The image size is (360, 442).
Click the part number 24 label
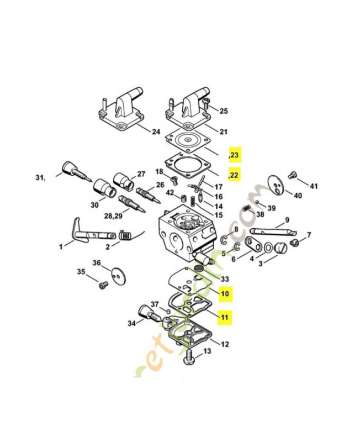tap(156, 131)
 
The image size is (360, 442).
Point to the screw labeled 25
tap(206, 103)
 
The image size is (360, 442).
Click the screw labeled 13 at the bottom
tap(188, 359)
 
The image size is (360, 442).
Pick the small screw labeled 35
tap(102, 285)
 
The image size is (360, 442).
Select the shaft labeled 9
tap(271, 229)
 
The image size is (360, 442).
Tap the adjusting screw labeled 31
tap(72, 169)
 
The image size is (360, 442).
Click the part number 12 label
tap(224, 344)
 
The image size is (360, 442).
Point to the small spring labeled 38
tap(248, 211)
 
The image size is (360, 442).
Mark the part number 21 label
tap(224, 131)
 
